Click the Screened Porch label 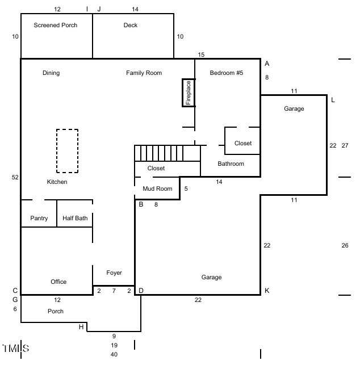pos(55,25)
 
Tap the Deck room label pos(131,25)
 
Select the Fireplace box pos(189,93)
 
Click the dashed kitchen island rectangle pos(67,150)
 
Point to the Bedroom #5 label pos(226,73)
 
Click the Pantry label pos(39,218)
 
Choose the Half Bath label pos(74,218)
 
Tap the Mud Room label pos(157,188)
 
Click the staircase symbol pos(168,153)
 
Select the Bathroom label pos(231,163)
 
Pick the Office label pos(58,282)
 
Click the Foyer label pos(114,273)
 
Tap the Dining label pos(51,73)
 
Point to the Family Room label pos(144,73)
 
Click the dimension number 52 pos(15,177)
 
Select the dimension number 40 pos(114,354)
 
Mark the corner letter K pos(267,291)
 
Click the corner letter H pos(81,326)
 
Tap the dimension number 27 pos(345,145)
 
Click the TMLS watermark pos(15,347)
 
